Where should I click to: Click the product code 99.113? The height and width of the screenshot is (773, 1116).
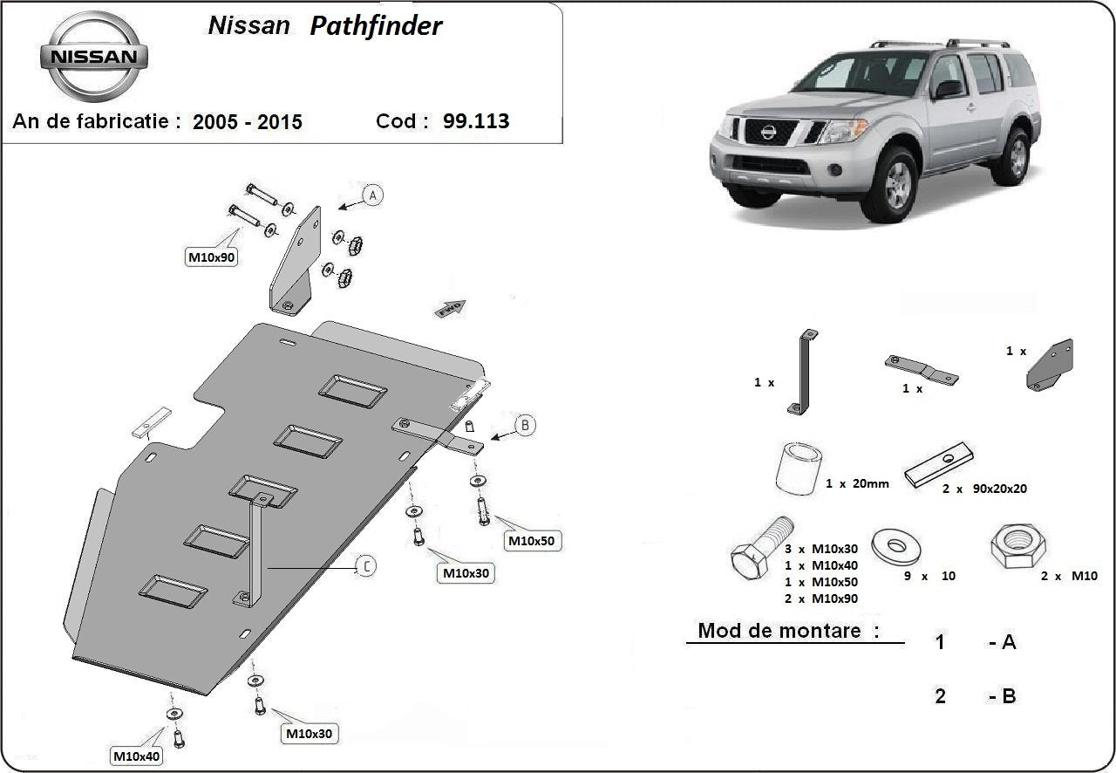475,121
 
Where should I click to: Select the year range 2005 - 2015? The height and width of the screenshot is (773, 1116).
248,122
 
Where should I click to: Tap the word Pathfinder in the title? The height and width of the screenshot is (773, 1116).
376,26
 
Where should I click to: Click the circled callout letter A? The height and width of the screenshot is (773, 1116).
372,195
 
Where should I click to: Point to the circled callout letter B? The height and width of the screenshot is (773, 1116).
525,426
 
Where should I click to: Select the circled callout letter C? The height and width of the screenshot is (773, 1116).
367,567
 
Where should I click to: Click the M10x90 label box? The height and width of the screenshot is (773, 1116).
212,257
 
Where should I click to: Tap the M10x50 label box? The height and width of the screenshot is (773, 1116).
531,541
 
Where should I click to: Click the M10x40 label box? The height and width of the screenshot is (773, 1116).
135,755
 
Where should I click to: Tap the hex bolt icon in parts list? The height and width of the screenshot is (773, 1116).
760,549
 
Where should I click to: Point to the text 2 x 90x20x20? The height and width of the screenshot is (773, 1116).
983,489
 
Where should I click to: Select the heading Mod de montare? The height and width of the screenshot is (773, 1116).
788,630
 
